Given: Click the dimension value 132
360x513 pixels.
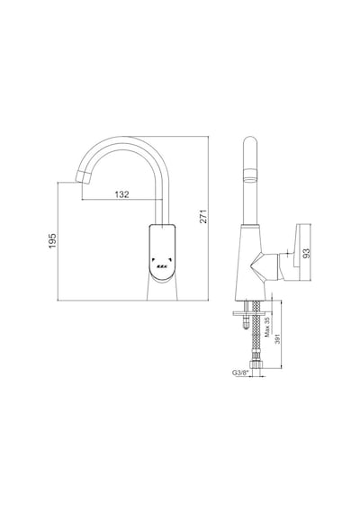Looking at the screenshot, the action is pos(122,194).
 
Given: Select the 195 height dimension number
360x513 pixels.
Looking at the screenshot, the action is pos(53,241).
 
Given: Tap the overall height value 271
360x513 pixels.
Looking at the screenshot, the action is pos(203,216).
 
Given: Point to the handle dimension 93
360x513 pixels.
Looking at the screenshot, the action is pos(306,253).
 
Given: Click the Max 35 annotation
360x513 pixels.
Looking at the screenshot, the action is pos(267,327).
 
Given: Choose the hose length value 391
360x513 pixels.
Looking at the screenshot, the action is pos(277,339).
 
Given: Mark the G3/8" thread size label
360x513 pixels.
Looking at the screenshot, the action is pos(240,373).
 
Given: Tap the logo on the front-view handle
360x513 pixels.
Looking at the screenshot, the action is pos(162,265).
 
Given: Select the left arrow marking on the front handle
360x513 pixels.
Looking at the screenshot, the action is pos(153,260).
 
